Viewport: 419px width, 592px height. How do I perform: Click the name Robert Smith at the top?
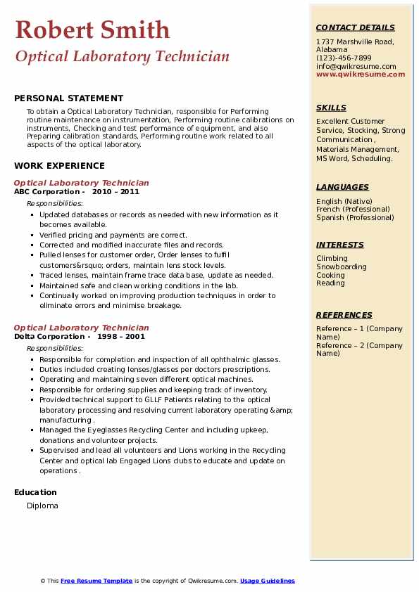(x=92, y=30)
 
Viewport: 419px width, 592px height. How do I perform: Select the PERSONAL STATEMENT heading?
(x=68, y=98)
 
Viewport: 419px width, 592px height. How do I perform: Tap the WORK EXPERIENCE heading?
(x=59, y=166)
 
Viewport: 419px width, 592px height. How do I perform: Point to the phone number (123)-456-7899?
(x=344, y=58)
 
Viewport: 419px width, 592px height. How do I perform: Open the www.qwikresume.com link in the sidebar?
(x=361, y=75)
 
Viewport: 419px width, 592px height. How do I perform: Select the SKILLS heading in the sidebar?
(x=331, y=108)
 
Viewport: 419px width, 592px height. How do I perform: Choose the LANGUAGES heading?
(x=342, y=188)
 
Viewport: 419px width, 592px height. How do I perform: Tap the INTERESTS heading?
(x=340, y=245)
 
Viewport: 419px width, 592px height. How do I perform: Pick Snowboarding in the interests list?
(x=341, y=267)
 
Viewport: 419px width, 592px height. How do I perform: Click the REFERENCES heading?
(x=344, y=316)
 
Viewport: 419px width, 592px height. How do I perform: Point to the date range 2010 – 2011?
(x=115, y=192)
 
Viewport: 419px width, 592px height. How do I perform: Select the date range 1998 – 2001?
(x=120, y=337)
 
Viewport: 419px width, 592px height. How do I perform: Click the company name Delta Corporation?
(x=49, y=337)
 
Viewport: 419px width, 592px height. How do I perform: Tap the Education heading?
(x=35, y=492)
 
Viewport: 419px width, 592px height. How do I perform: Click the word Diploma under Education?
(x=42, y=506)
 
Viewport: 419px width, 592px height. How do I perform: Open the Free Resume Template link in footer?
(x=96, y=581)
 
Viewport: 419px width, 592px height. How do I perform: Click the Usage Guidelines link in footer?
(x=267, y=581)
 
